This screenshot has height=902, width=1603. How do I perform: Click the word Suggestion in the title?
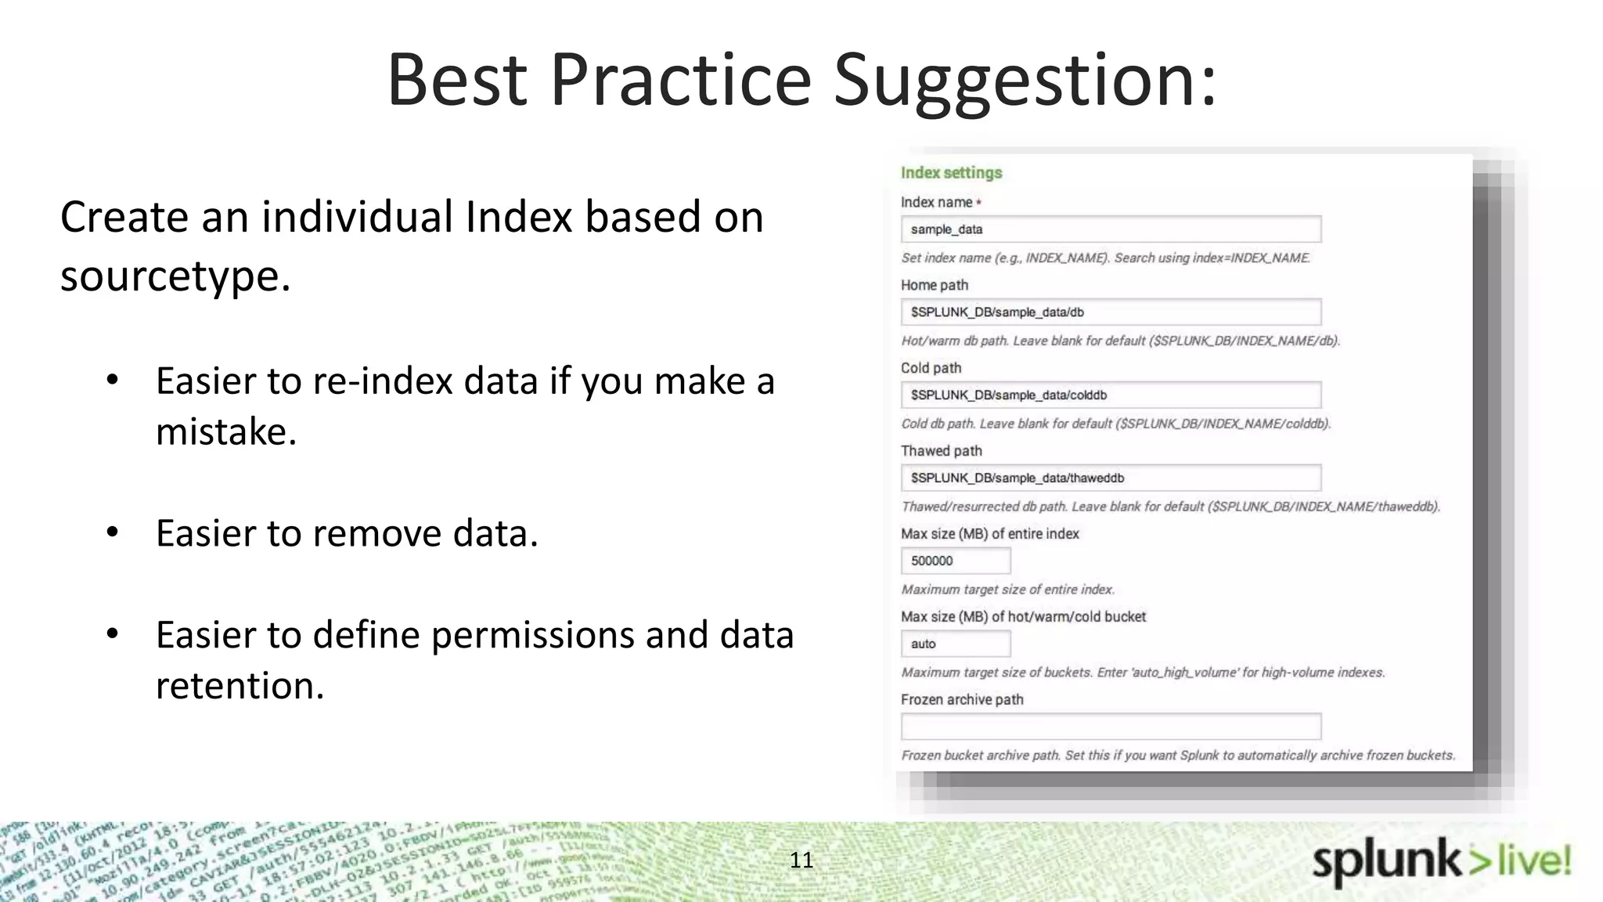(x=1025, y=81)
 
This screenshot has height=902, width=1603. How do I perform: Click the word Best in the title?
(x=457, y=81)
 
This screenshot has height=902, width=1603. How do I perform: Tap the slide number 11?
(x=801, y=860)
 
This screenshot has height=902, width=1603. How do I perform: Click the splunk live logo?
(x=1441, y=861)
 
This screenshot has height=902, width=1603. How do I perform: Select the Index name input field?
(x=1110, y=229)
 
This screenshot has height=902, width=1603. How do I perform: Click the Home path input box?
(x=1110, y=312)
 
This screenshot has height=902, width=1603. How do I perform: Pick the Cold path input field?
(x=1110, y=395)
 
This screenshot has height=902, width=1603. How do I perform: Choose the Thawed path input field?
(x=1110, y=478)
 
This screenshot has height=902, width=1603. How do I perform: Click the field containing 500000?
(x=955, y=561)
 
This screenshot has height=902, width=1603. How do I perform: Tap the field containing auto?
(x=955, y=644)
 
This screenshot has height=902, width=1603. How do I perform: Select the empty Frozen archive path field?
(x=1110, y=727)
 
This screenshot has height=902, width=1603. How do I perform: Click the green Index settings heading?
(x=951, y=173)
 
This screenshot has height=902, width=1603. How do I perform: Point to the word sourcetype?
(x=175, y=276)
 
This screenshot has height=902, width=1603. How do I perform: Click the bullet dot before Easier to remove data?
(x=113, y=532)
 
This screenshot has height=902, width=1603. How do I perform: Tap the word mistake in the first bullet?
(x=225, y=432)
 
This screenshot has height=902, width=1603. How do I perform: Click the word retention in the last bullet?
(x=239, y=686)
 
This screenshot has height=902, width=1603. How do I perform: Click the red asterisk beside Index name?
(x=978, y=203)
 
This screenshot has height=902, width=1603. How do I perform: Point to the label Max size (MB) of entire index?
(x=989, y=534)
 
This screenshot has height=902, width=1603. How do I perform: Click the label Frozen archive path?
(x=961, y=700)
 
